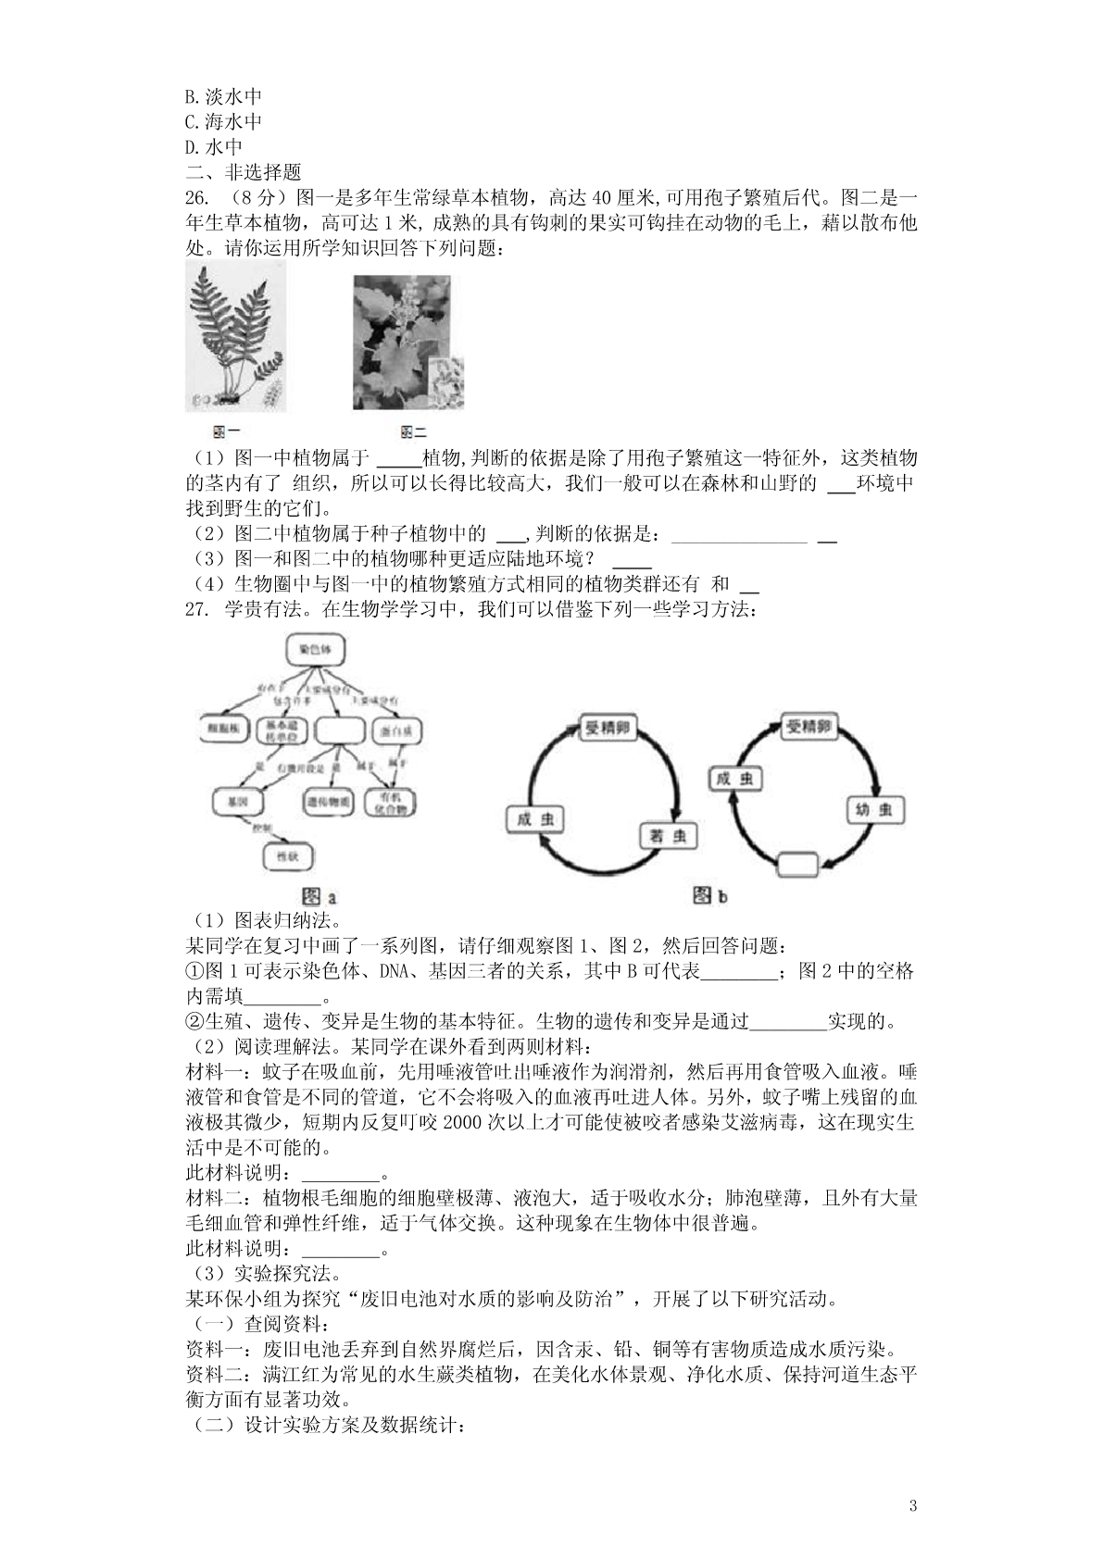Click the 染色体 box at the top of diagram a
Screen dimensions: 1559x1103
pyautogui.click(x=316, y=650)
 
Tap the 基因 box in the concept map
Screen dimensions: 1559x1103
pyautogui.click(x=238, y=801)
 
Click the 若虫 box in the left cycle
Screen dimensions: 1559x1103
pyautogui.click(x=666, y=836)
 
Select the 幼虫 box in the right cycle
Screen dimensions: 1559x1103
pyautogui.click(x=873, y=810)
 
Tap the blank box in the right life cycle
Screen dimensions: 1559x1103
pyautogui.click(x=797, y=865)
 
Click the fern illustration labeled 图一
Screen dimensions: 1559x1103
pyautogui.click(x=235, y=334)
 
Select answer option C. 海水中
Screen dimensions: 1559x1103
pyautogui.click(x=223, y=121)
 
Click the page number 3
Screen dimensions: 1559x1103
pyautogui.click(x=913, y=1505)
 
